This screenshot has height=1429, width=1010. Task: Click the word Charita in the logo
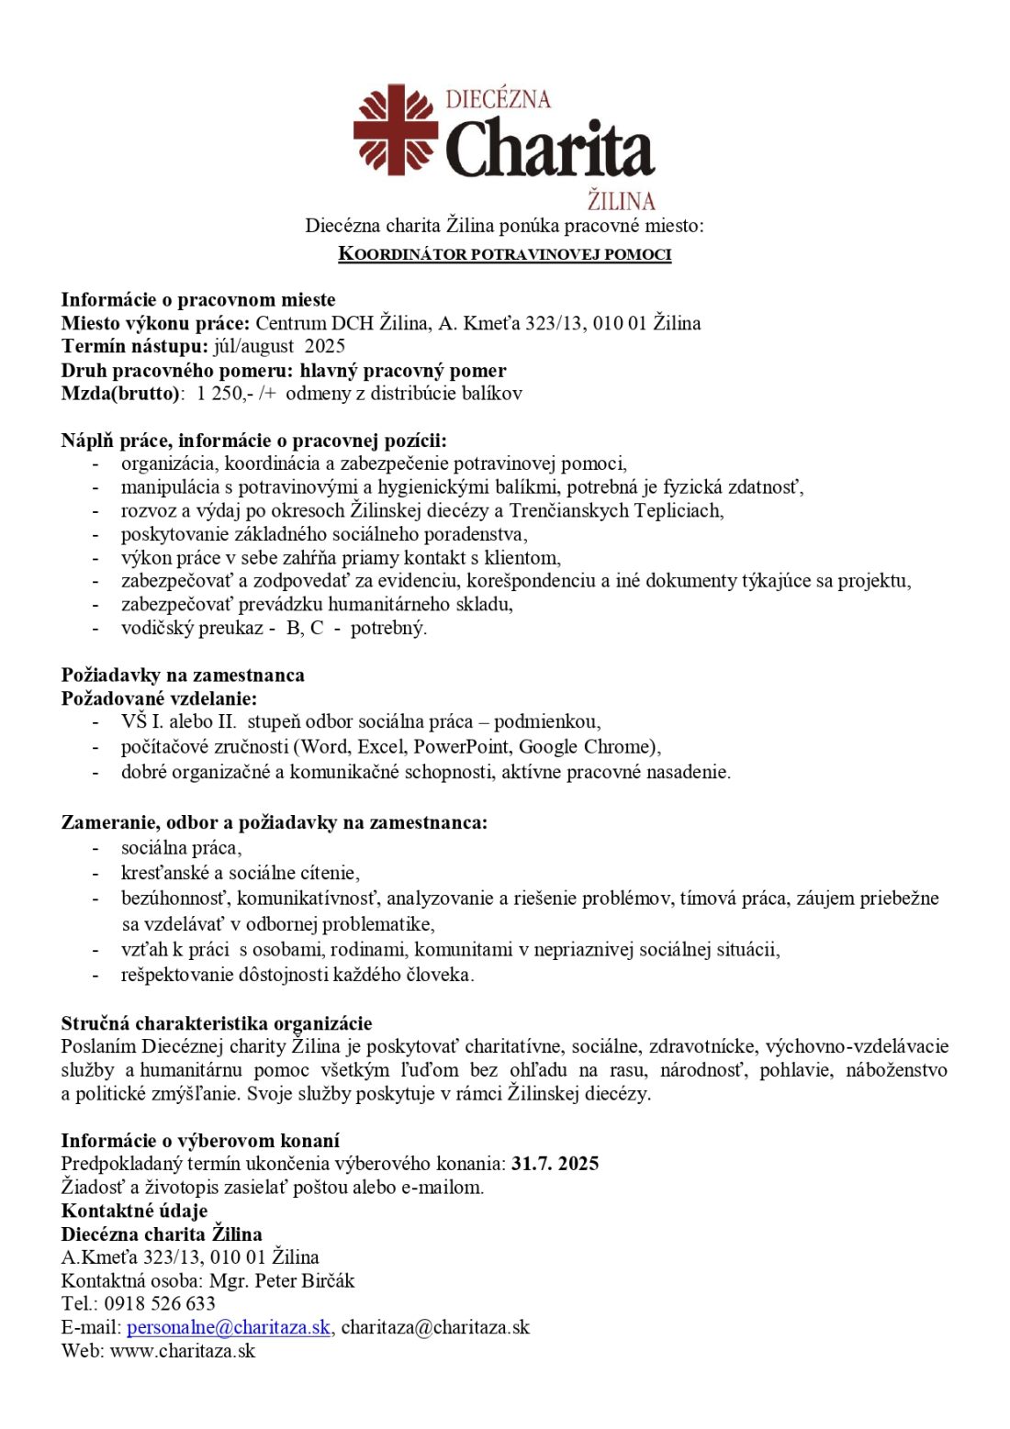pos(549,150)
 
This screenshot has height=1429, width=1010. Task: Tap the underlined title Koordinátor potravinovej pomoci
pos(504,254)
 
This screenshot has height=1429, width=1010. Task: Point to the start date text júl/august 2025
pos(279,346)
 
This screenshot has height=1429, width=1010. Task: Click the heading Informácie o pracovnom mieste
pos(198,299)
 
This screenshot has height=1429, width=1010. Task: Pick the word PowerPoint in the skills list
pos(460,746)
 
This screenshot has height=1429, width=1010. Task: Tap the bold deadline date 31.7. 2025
pos(555,1164)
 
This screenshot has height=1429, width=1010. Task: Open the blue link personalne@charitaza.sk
pos(229,1327)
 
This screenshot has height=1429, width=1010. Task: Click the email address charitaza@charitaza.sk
pos(435,1327)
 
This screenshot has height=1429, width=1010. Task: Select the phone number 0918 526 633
pos(160,1303)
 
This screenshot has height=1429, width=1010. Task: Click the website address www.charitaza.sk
pos(183,1350)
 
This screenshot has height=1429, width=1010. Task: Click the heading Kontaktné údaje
pos(134,1211)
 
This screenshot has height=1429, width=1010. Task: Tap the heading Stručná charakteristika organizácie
pos(217,1023)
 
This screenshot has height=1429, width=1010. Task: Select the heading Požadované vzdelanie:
pos(159,698)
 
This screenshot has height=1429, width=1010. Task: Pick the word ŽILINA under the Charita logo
pos(621,201)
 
